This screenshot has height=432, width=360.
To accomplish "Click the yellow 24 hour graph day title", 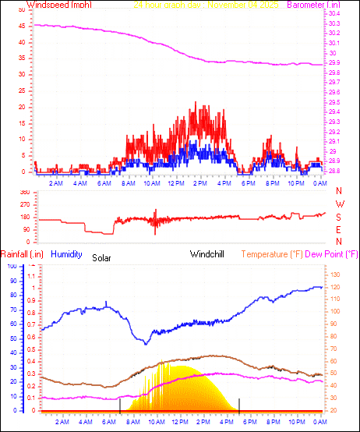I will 206,5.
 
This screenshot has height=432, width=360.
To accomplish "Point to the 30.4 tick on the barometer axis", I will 334,14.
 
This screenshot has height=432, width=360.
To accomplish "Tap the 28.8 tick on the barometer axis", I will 334,171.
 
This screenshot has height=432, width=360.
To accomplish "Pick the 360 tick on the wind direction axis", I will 23,192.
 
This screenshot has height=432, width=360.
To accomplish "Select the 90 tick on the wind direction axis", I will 23,229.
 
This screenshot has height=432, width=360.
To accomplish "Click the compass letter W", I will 339,204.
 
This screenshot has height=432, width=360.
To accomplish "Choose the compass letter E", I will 339,229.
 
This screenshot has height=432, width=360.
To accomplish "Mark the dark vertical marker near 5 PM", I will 239,403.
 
